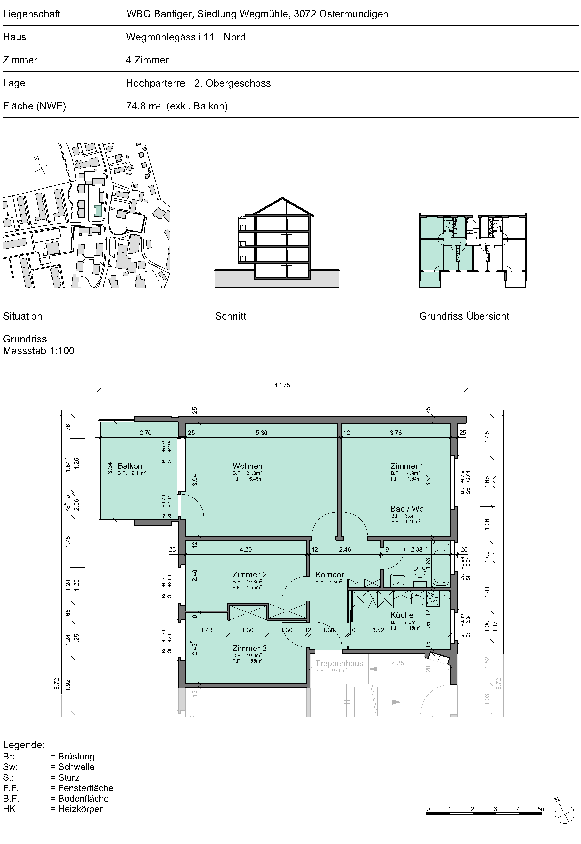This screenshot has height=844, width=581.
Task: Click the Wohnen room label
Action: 247,466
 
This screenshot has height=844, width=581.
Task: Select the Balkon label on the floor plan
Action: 130,466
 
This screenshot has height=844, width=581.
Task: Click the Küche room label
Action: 402,615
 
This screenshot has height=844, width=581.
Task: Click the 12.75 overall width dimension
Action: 283,385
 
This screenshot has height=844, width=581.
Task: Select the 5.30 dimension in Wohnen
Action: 261,433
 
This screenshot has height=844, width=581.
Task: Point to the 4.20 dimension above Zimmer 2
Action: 246,549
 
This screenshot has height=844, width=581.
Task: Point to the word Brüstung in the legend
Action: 77,756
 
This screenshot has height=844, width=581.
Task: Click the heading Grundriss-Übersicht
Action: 464,316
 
